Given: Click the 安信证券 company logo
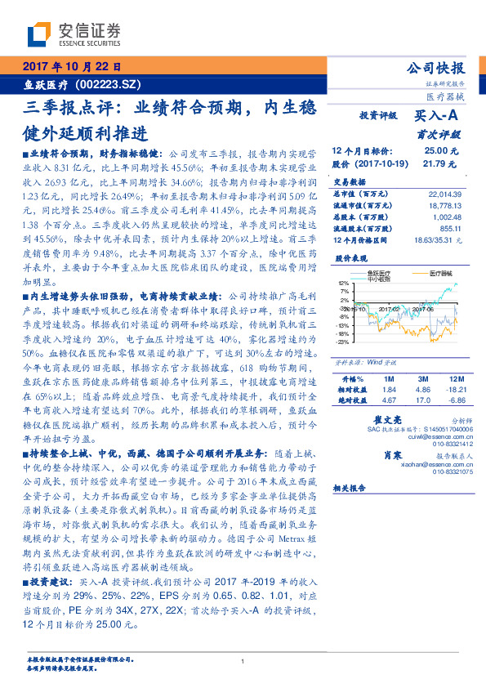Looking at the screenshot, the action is coord(74,34).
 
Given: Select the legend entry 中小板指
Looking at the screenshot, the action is coord(380,278).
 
